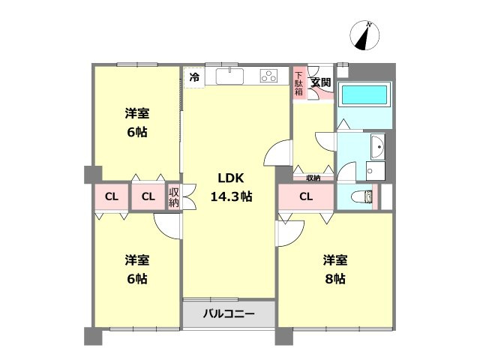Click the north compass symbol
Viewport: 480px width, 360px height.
tap(364, 35)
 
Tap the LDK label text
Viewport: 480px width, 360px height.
tap(231, 178)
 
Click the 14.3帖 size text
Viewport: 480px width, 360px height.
tap(232, 196)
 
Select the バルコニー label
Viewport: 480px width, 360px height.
tap(229, 314)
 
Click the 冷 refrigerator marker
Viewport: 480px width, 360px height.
tap(194, 77)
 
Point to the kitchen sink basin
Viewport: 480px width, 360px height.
tap(230, 76)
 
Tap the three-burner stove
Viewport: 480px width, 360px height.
tap(269, 76)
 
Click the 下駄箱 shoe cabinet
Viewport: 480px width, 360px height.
tap(299, 83)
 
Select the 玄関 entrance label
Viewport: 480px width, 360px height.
tap(320, 82)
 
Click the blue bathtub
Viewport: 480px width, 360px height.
tap(364, 95)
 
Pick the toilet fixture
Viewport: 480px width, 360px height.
tap(362, 196)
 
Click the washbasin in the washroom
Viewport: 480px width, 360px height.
tap(378, 147)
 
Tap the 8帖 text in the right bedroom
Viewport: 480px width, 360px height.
tap(335, 279)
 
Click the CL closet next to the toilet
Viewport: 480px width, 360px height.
tap(306, 196)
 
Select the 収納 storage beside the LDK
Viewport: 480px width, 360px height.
tap(173, 196)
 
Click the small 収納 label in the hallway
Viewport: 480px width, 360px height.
tap(313, 178)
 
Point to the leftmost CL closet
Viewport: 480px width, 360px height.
tap(112, 196)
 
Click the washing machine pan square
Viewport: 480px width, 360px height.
tap(375, 171)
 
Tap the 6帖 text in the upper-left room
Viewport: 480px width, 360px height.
tap(137, 132)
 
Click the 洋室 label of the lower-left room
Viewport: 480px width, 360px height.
tap(137, 260)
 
